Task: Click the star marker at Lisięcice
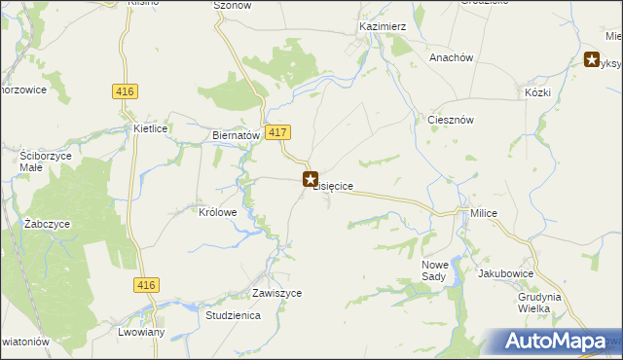[311, 179]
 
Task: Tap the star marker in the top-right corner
[592, 59]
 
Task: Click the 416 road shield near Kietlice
[125, 91]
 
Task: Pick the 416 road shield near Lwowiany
[146, 284]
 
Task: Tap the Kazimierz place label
[382, 27]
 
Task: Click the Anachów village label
[451, 57]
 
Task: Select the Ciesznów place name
[451, 120]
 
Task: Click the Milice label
[483, 213]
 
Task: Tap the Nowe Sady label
[439, 270]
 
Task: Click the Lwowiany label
[137, 332]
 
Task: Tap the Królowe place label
[218, 211]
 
